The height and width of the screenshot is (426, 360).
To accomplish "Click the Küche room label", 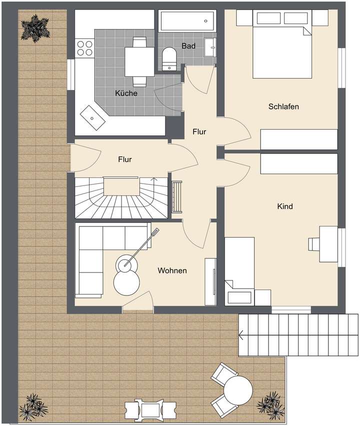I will tap(126, 93).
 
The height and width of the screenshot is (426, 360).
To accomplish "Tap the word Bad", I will tap(188, 45).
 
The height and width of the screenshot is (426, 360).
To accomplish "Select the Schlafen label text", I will tap(283, 106).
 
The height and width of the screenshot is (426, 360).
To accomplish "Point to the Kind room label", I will tap(285, 206).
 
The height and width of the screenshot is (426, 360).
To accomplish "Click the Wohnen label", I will tap(172, 270).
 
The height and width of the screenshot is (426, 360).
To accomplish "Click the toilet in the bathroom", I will tap(169, 58).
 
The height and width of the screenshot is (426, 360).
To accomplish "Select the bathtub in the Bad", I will tap(187, 21).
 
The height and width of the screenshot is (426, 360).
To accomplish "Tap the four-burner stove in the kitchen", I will tap(84, 47).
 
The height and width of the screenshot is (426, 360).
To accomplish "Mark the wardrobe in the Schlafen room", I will tap(299, 139).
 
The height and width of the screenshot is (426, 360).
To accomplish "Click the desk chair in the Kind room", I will tap(313, 243).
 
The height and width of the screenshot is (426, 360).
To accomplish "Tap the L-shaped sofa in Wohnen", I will tap(97, 257).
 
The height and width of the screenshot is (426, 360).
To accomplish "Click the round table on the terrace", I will tap(238, 390).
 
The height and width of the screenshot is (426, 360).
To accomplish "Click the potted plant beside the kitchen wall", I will tap(35, 28).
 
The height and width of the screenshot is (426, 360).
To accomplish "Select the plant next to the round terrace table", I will tap(270, 404).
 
